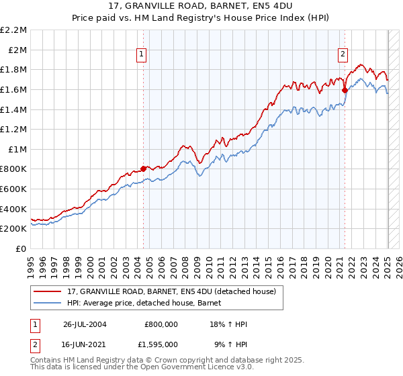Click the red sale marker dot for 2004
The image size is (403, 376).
(x=144, y=169)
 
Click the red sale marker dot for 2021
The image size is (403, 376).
(x=345, y=89)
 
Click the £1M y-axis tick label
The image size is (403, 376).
(x=17, y=149)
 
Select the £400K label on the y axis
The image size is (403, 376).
(x=13, y=209)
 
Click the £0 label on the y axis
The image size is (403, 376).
(x=21, y=248)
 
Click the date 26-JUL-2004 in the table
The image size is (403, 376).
(x=85, y=324)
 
